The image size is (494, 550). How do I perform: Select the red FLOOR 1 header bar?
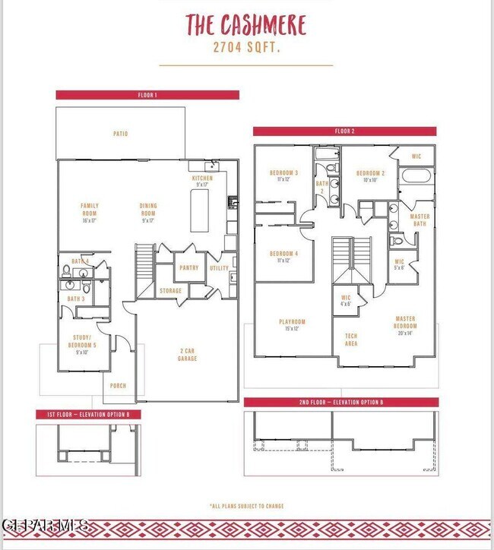(147, 95)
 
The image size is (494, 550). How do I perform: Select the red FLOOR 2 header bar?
(344, 131)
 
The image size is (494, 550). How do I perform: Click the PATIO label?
(120, 134)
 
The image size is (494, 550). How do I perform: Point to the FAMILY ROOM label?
(90, 213)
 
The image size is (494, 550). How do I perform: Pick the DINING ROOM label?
(147, 213)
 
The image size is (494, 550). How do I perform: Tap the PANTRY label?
(188, 267)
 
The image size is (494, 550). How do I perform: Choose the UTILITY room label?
(219, 267)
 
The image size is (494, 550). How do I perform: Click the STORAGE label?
(170, 291)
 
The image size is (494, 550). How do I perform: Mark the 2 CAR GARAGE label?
(188, 355)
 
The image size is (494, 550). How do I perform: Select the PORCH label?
(118, 386)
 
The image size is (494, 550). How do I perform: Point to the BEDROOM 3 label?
(283, 175)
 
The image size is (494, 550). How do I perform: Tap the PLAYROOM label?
(292, 324)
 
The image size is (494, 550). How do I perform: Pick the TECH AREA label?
(351, 340)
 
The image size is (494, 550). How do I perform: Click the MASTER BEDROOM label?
(405, 325)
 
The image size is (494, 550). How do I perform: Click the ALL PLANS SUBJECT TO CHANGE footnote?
(246, 505)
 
